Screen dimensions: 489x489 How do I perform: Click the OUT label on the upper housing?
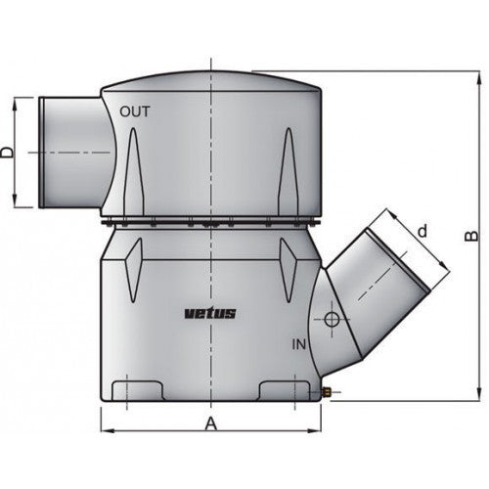coord(135,111)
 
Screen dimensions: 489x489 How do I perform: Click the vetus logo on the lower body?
coord(209,313)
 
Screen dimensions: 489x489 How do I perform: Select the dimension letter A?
coord(209,422)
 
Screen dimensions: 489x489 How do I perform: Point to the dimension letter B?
coord(470,236)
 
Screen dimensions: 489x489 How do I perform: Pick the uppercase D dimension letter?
coord(8,152)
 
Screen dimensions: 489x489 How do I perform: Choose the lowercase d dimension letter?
coord(422,232)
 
